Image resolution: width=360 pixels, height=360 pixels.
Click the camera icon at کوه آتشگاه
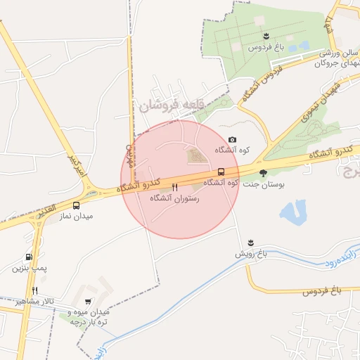(x=233, y=140)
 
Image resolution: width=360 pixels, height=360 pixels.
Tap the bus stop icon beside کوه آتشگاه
(x=221, y=172)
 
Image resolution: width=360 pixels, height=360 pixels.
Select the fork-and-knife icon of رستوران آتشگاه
(x=174, y=188)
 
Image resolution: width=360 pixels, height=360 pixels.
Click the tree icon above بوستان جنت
(x=263, y=172)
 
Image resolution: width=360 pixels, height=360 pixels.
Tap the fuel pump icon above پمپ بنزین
(x=29, y=257)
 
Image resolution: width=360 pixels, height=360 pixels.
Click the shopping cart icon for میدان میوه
(x=88, y=301)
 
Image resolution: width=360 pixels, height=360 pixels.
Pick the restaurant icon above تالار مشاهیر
(x=34, y=290)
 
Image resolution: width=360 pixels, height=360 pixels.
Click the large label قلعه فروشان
(x=175, y=105)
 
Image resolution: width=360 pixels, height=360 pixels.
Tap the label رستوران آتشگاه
(x=175, y=199)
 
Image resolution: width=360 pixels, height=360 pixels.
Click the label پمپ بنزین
(x=29, y=268)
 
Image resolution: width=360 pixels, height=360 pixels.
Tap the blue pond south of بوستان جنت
(x=293, y=212)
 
